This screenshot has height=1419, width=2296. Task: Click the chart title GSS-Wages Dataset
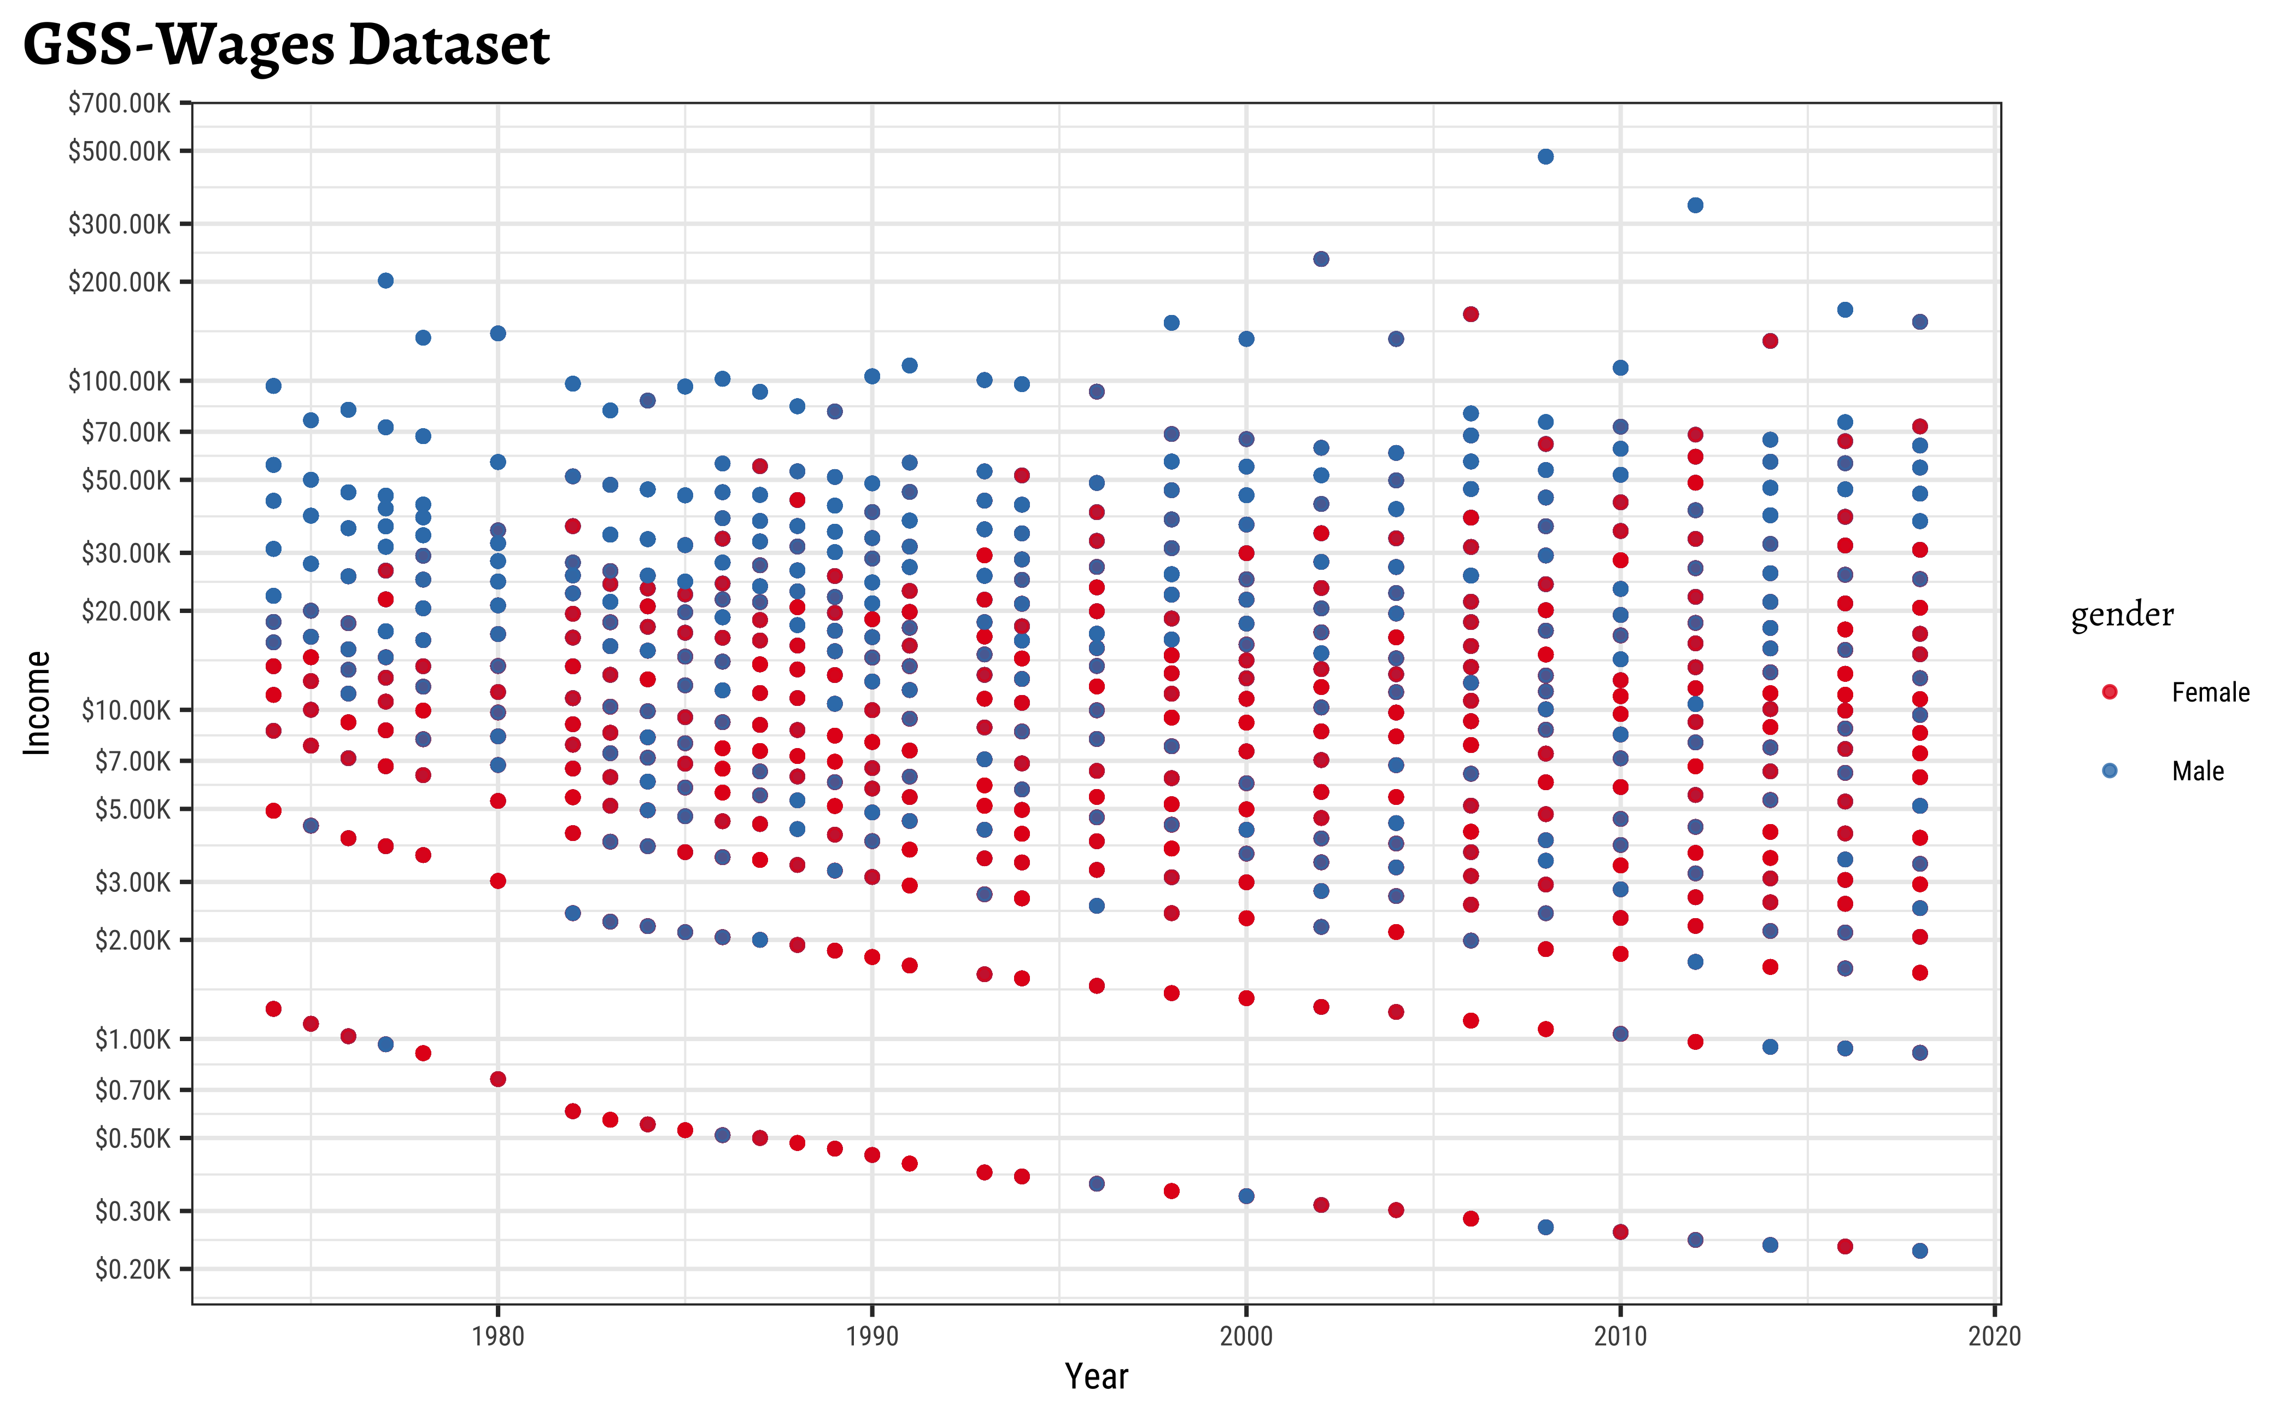click(x=285, y=44)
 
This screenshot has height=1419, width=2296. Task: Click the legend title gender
click(x=2122, y=615)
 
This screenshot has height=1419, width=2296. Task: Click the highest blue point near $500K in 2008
click(x=1545, y=157)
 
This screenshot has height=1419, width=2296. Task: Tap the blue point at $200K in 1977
click(x=385, y=281)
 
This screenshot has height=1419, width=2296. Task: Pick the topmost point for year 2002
click(x=1320, y=259)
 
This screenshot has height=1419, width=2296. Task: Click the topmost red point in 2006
click(x=1471, y=314)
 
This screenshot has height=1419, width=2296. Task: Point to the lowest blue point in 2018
click(x=1919, y=1250)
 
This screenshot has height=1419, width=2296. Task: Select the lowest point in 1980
click(x=497, y=1079)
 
